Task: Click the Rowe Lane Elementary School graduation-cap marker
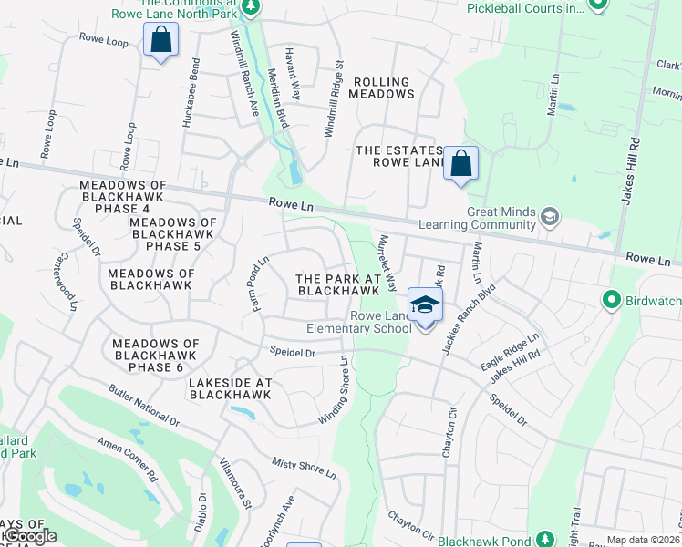(x=425, y=305)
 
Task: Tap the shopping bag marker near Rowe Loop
(x=160, y=40)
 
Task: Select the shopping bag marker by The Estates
(x=461, y=164)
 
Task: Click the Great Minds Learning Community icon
(x=549, y=216)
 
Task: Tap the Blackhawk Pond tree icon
(x=544, y=539)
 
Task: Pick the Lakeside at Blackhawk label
(x=230, y=389)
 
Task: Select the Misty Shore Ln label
(x=305, y=468)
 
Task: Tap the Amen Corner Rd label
(x=128, y=459)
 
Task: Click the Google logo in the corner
(x=29, y=536)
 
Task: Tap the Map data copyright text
(x=644, y=540)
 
